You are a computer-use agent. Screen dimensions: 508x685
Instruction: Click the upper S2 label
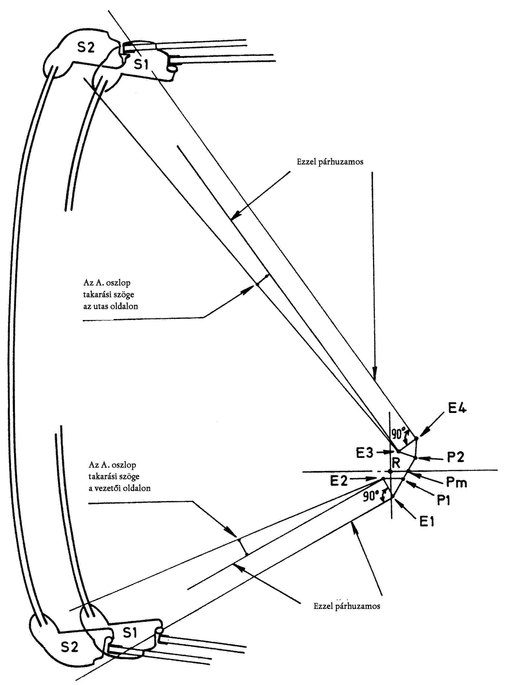point(86,47)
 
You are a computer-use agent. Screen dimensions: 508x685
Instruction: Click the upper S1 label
point(141,64)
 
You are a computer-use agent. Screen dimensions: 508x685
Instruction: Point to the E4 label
point(457,408)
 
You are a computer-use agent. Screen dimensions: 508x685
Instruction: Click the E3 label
point(365,453)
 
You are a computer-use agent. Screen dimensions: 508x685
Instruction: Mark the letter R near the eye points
point(396,462)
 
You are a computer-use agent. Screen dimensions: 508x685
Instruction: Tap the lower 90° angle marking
point(370,496)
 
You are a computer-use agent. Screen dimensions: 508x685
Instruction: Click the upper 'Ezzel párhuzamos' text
point(330,162)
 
